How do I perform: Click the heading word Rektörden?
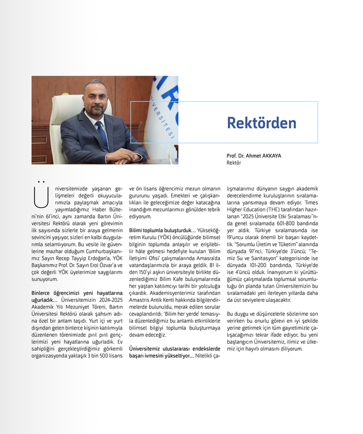pos(261,123)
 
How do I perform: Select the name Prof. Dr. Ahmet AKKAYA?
pos(253,155)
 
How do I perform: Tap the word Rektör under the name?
pos(234,162)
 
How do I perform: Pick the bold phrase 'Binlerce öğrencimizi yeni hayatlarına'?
pos(77,293)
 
